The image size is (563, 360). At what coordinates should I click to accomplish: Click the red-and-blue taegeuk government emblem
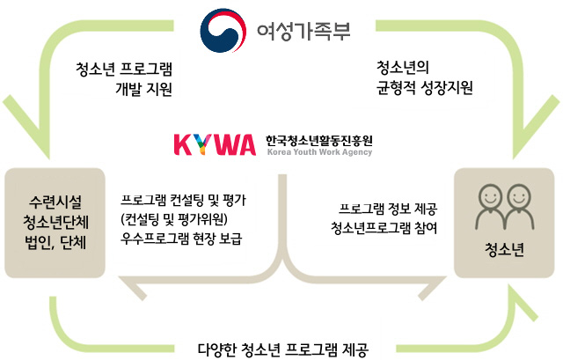(x=223, y=30)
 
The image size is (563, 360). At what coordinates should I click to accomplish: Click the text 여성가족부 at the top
(x=303, y=30)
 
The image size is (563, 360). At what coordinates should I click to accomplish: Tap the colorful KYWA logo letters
(x=215, y=144)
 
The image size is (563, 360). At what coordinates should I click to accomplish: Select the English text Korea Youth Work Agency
(x=319, y=152)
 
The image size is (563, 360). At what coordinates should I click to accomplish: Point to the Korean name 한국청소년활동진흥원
(x=319, y=141)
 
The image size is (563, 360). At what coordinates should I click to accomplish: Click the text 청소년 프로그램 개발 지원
(x=124, y=79)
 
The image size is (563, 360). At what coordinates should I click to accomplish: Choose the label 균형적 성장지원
(x=425, y=88)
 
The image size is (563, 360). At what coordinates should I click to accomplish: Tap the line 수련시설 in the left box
(x=55, y=202)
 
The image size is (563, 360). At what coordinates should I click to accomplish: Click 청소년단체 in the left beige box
(x=55, y=222)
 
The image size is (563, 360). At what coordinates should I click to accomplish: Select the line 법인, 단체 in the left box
(x=55, y=243)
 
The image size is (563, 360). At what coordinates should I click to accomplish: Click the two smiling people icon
(x=504, y=207)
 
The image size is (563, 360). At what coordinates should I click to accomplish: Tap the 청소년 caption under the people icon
(x=504, y=250)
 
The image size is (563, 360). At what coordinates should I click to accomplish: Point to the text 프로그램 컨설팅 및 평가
(x=183, y=200)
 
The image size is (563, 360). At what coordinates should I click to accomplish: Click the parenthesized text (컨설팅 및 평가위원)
(x=174, y=219)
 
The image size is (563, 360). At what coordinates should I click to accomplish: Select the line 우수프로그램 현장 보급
(x=181, y=239)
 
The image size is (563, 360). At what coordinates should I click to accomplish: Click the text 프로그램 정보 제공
(x=388, y=209)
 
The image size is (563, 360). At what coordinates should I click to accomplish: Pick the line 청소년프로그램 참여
(x=384, y=228)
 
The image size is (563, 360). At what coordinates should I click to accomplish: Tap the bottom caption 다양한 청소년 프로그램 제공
(x=283, y=349)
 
